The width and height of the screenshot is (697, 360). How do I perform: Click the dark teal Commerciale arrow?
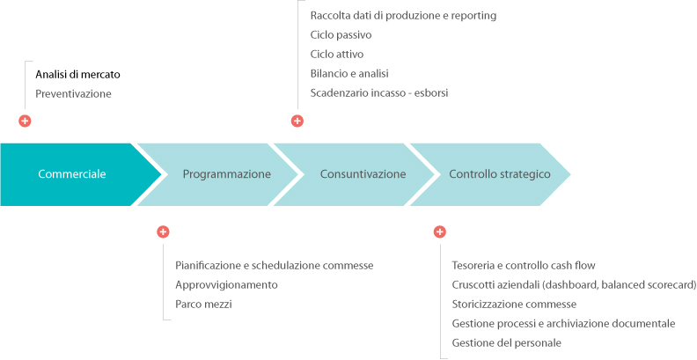click(x=76, y=174)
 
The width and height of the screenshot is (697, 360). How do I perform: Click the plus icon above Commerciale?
click(x=25, y=121)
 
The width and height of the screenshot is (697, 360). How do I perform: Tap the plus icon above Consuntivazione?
click(x=297, y=121)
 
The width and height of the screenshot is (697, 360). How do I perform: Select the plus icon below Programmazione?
click(x=163, y=231)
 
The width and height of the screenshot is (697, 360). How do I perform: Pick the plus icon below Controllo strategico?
click(x=440, y=231)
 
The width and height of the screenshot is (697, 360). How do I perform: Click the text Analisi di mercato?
click(x=77, y=75)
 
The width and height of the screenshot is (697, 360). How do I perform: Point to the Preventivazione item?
click(x=73, y=94)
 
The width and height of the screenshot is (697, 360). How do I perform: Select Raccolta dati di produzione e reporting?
click(x=403, y=16)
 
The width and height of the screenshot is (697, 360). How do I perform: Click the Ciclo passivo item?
click(x=341, y=35)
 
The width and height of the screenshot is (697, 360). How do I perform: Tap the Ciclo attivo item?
click(x=337, y=55)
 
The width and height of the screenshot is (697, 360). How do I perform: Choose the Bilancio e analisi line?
click(x=350, y=73)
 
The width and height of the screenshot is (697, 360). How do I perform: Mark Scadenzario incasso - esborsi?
click(x=379, y=93)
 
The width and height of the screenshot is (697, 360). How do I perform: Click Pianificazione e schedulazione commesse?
click(x=275, y=266)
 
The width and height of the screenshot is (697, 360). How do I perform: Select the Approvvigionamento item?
click(x=226, y=285)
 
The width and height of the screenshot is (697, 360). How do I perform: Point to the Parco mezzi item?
click(x=203, y=305)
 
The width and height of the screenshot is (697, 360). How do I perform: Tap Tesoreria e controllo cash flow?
click(x=524, y=266)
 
